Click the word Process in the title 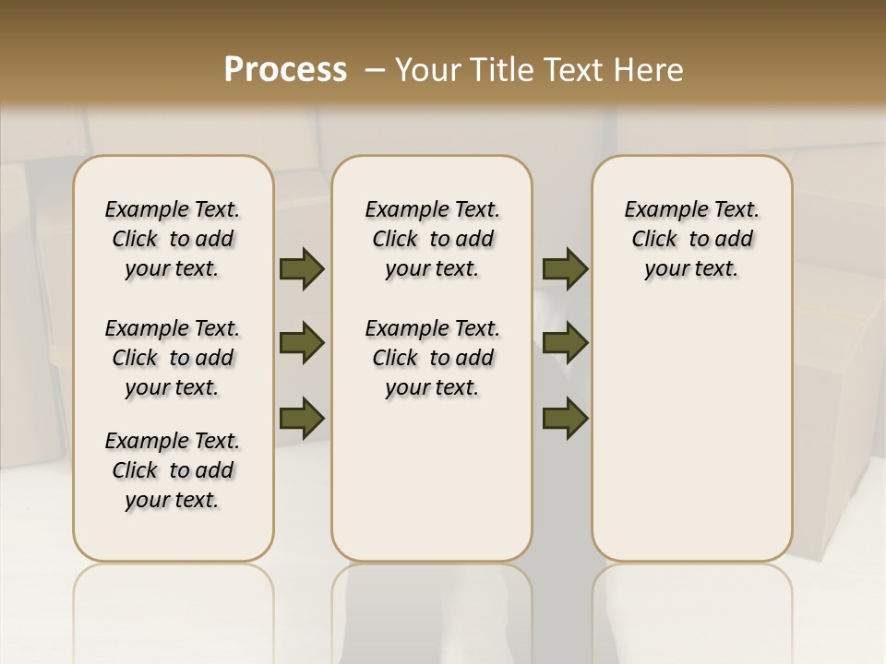285,70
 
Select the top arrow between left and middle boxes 302,269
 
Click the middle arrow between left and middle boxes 302,344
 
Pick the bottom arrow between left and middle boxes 302,418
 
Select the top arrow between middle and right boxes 566,269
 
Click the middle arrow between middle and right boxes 566,344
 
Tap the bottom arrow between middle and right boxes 566,418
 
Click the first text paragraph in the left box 173,239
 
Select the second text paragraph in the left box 173,358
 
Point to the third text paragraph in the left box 173,470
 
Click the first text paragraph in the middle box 433,239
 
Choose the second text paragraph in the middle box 433,358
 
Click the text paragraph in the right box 692,239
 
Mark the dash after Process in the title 374,70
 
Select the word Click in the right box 654,240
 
